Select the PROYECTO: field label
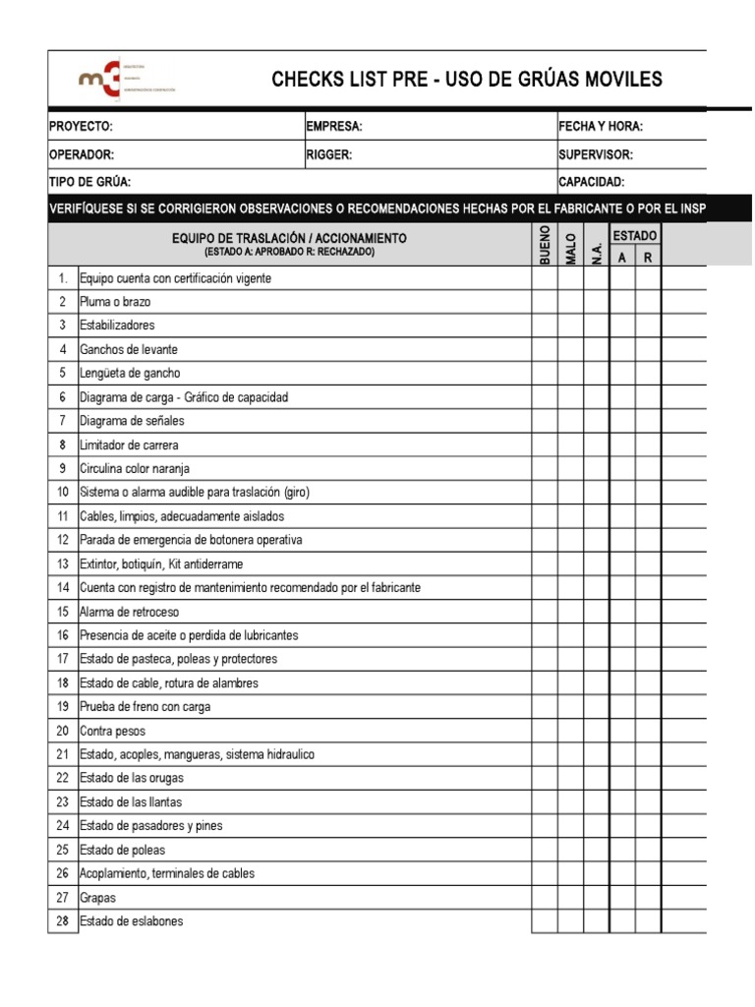click(x=81, y=127)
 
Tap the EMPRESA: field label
click(x=334, y=127)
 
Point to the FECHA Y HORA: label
click(x=601, y=127)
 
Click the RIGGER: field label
click(x=329, y=154)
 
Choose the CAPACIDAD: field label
click(x=592, y=182)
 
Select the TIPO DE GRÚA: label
click(x=89, y=182)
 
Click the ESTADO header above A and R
click(x=635, y=236)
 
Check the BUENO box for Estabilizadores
click(x=545, y=326)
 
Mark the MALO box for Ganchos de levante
click(x=570, y=349)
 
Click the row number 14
click(x=63, y=587)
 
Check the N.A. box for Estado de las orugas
click(x=596, y=779)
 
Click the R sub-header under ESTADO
click(x=648, y=257)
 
